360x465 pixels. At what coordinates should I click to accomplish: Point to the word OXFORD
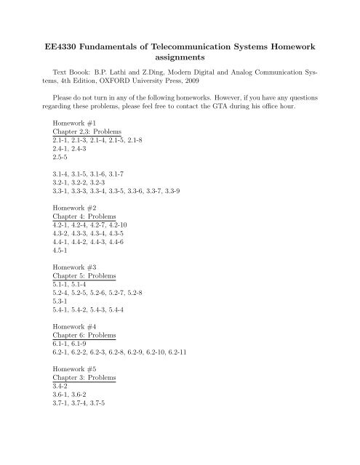click(148, 83)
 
